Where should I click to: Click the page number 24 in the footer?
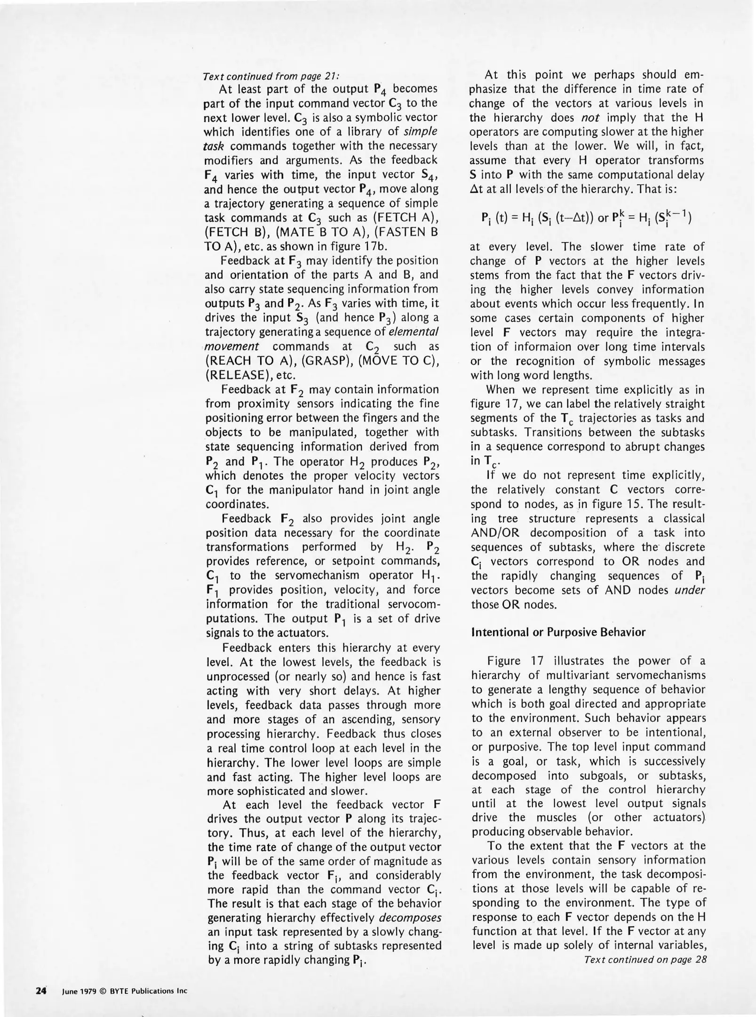[x=40, y=990]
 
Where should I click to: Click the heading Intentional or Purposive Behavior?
[x=558, y=632]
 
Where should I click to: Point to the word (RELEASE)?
[x=233, y=376]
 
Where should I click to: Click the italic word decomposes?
[x=410, y=918]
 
